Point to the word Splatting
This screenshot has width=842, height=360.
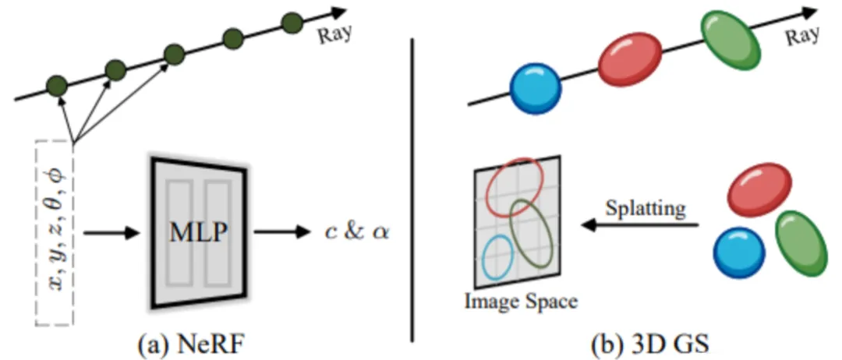646,209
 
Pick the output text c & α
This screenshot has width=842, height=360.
357,234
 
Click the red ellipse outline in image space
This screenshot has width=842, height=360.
515,186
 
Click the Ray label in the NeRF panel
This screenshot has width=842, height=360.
335,34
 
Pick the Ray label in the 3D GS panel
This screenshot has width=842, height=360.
801,35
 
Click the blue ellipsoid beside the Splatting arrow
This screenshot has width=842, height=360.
739,252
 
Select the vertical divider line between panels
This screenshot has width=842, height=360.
412,189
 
